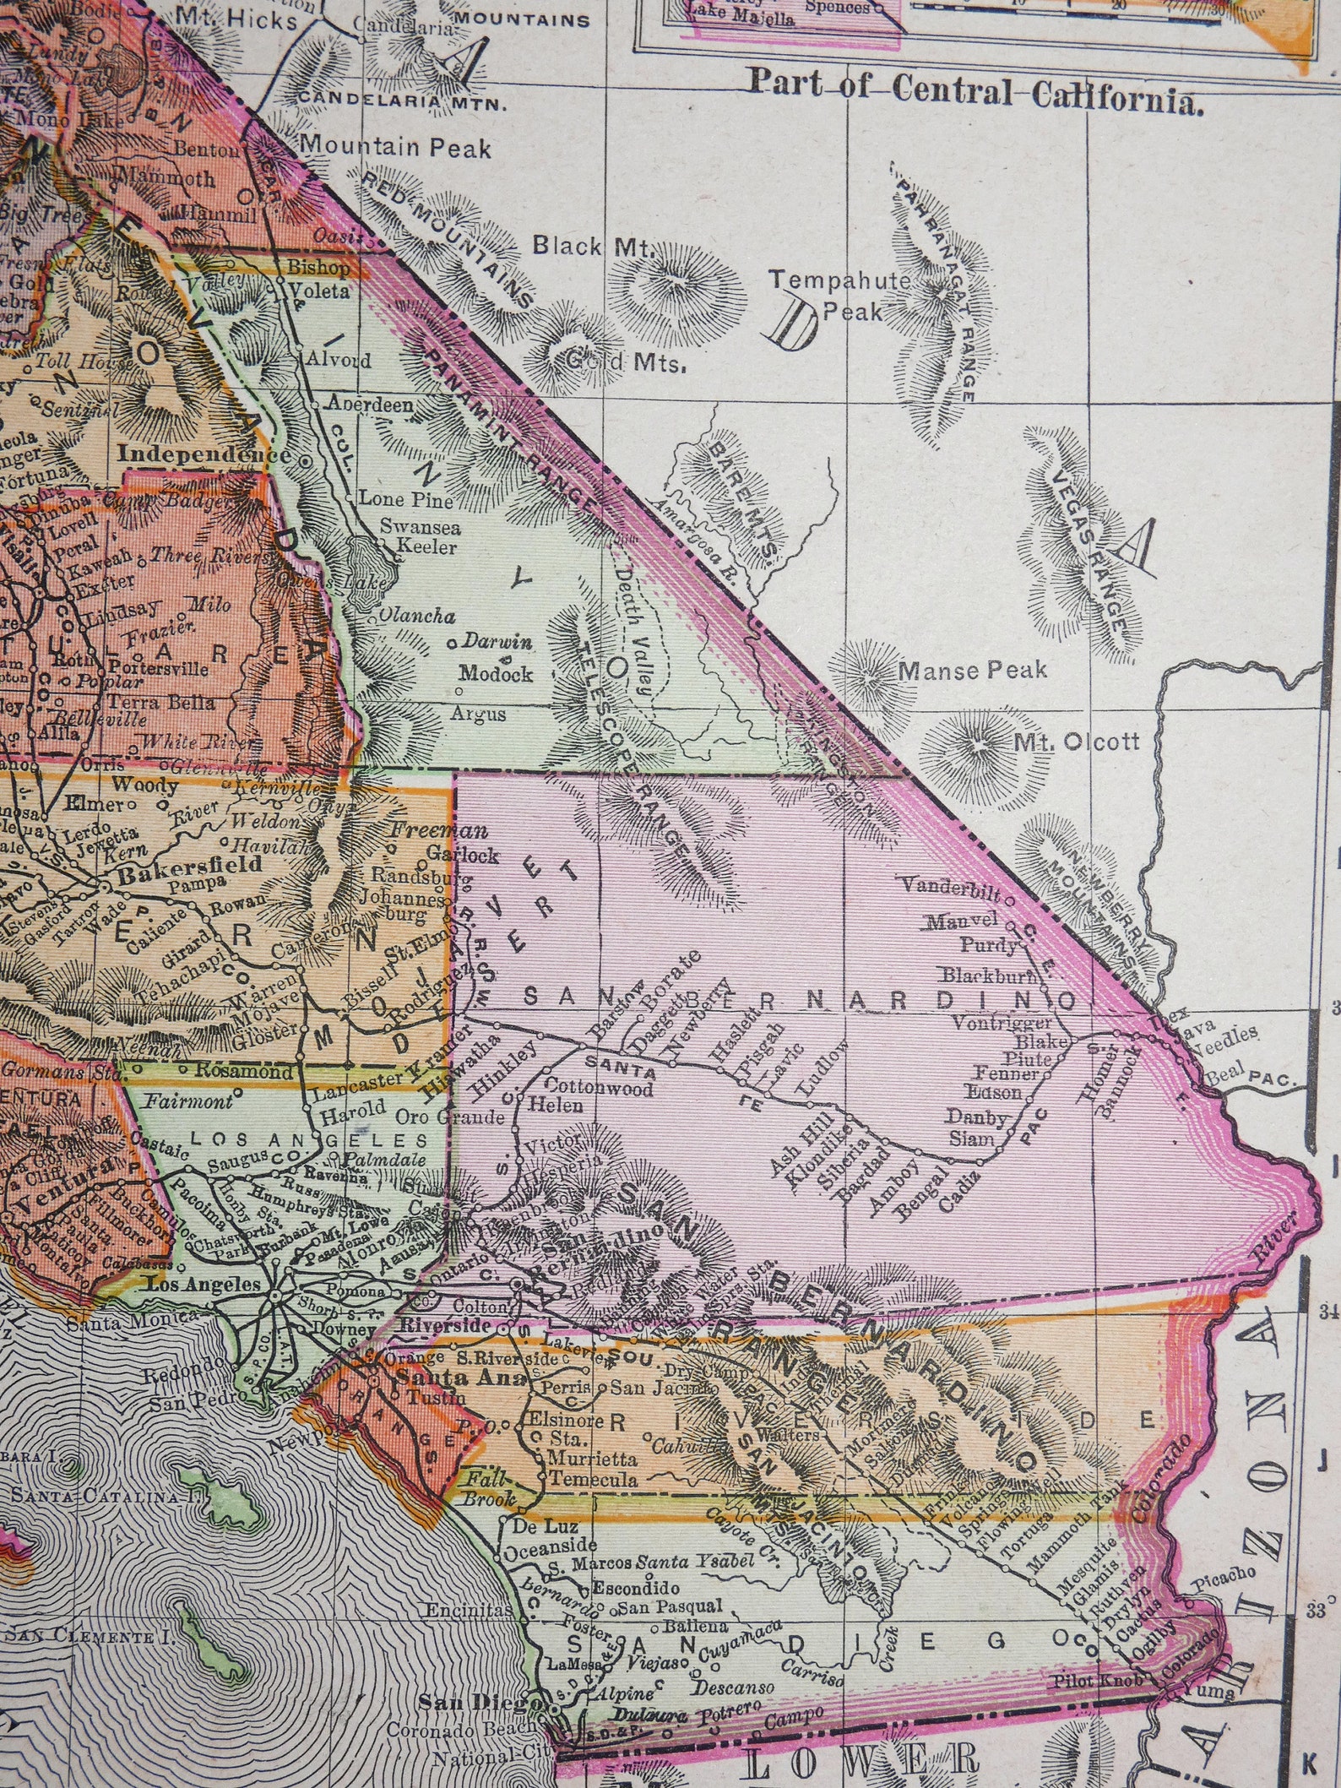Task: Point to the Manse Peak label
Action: [x=971, y=671]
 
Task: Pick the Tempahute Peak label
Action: [x=840, y=296]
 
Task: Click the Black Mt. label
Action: [x=593, y=247]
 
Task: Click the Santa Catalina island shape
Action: [x=226, y=1492]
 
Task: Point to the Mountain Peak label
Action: [x=395, y=149]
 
